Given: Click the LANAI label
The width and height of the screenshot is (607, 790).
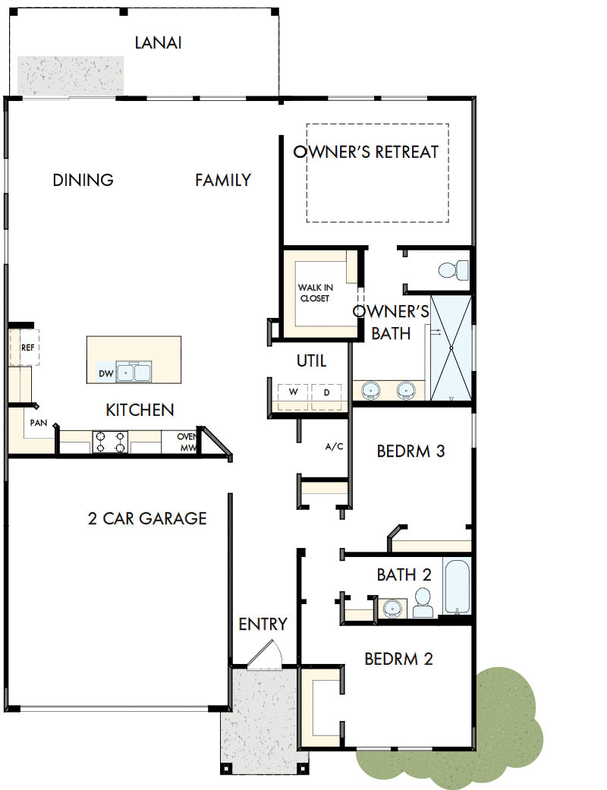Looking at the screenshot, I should tap(158, 43).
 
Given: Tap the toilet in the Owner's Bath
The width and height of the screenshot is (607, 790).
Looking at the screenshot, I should tap(454, 269).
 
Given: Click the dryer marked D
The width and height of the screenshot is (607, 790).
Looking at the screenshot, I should tap(326, 393).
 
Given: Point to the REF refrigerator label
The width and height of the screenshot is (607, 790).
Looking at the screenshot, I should tap(28, 348).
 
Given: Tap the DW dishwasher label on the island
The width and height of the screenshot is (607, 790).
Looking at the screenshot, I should tap(105, 374).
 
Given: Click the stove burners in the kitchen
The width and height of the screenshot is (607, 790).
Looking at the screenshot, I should tap(109, 442).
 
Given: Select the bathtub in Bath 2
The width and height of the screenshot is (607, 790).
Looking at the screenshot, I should tap(458, 587).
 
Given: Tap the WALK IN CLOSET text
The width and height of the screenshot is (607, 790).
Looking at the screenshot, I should tap(315, 293).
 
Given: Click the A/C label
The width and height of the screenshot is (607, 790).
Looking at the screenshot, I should tap(335, 446).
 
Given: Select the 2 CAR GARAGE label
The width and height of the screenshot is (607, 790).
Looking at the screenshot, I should tap(147, 518).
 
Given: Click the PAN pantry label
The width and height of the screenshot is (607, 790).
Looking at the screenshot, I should tap(38, 423).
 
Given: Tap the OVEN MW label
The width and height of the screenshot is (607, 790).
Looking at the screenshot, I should tap(187, 442).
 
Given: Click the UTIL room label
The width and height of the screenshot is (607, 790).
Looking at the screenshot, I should tap(311, 361).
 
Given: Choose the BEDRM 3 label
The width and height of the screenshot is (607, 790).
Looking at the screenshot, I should tap(410, 452).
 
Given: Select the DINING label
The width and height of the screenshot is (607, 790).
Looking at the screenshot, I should tap(83, 180).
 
